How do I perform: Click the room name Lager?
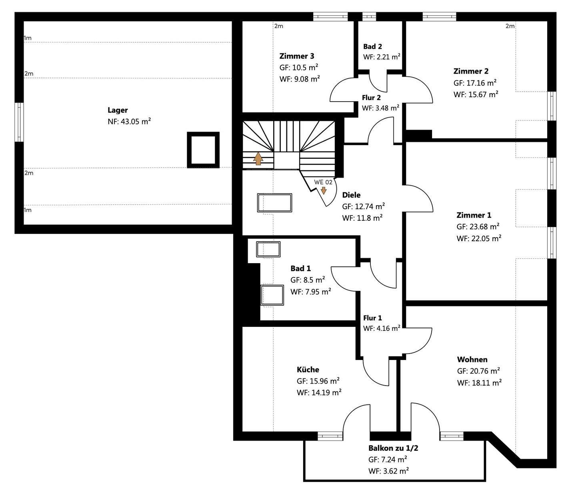click(118, 110)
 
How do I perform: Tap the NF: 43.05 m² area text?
click(129, 122)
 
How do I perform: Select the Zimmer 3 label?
click(297, 56)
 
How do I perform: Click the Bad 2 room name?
click(372, 46)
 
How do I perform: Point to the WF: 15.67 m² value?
click(476, 94)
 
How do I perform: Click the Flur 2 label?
click(371, 98)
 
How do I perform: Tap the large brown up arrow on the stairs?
click(258, 158)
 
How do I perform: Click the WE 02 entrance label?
click(323, 182)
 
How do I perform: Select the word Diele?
click(351, 195)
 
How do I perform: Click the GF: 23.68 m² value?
click(478, 227)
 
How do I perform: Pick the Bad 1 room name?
click(301, 268)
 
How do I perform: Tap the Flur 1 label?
click(372, 318)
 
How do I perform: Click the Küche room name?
click(308, 369)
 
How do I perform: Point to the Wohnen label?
click(472, 360)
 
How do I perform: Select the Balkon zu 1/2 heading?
click(393, 448)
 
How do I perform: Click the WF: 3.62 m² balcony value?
click(389, 471)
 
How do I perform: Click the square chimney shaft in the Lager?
click(203, 150)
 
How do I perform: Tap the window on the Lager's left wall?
click(19, 122)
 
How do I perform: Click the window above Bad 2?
click(369, 17)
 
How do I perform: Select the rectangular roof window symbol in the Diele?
click(274, 203)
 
